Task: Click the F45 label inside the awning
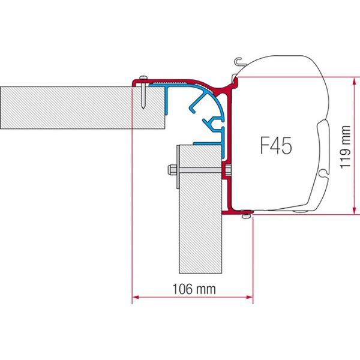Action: (277, 146)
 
